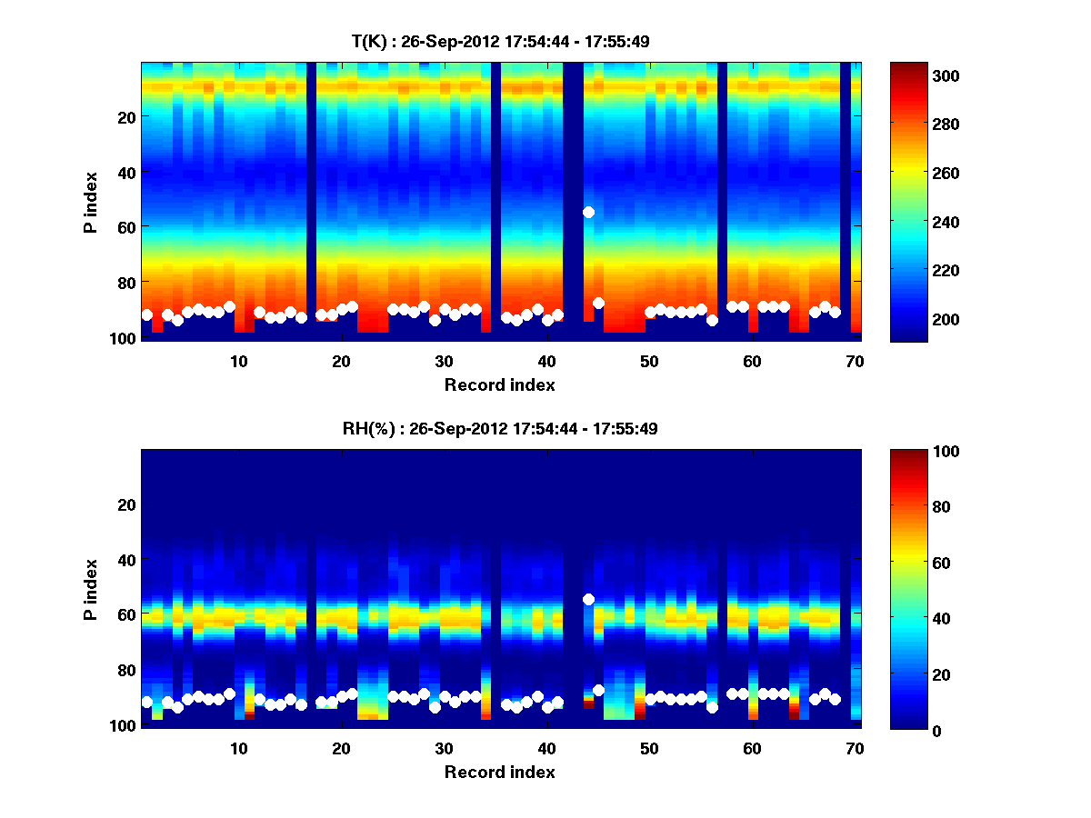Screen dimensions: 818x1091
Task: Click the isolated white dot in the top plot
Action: tap(588, 212)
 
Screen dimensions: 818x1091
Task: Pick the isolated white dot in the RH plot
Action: tap(588, 599)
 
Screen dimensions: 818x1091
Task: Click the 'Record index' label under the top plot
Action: tap(499, 385)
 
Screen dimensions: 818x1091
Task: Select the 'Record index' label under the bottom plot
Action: tap(499, 773)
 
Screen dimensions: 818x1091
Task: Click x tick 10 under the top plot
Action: tap(238, 362)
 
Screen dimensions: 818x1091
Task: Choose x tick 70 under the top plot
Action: tap(855, 362)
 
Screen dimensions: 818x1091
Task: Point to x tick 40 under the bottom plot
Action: tap(546, 749)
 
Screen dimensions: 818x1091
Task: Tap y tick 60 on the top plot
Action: tap(126, 226)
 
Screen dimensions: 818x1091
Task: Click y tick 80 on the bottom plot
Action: tap(126, 670)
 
